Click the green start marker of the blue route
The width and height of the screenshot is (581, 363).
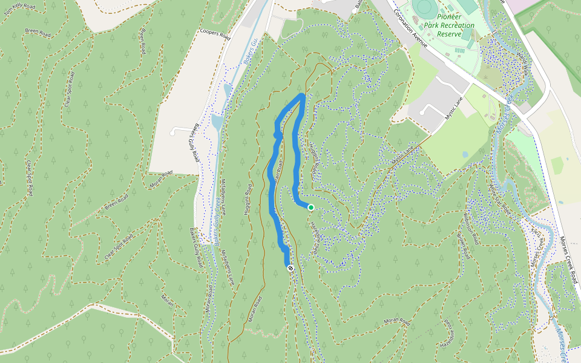tap(310, 208)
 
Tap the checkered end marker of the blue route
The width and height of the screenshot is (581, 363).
tap(290, 268)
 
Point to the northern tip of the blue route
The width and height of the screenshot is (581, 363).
tap(302, 95)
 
